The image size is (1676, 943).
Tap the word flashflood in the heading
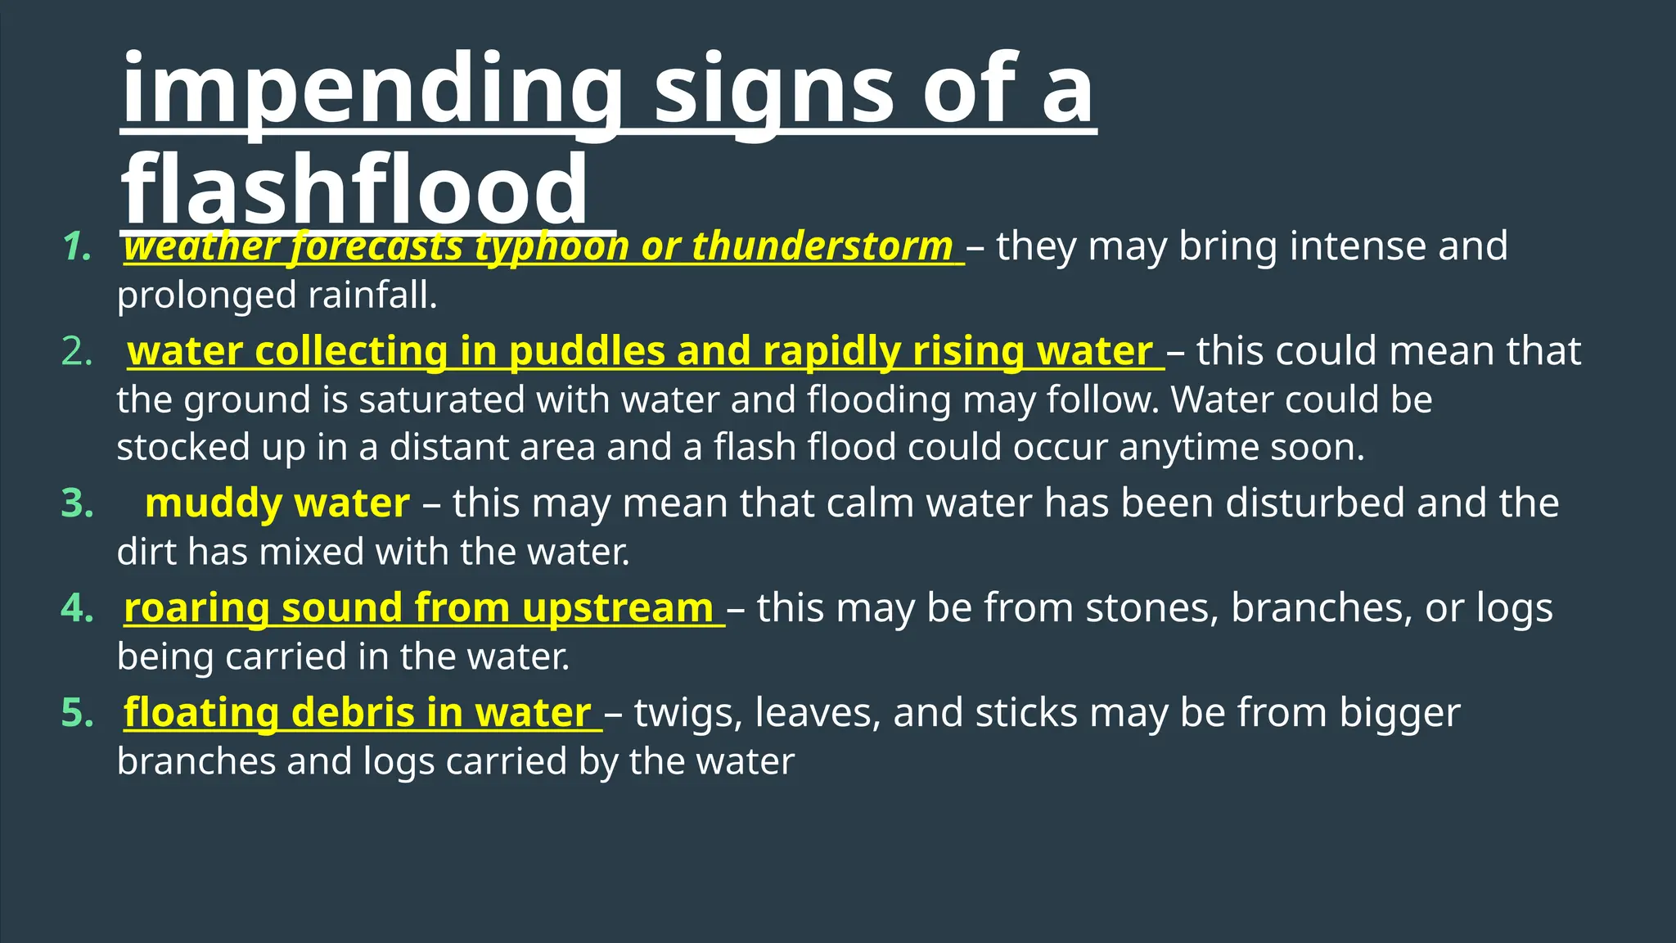tap(354, 191)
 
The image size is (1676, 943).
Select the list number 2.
tap(77, 352)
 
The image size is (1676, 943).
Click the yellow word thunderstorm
tap(822, 246)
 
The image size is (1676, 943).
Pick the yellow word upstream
tap(617, 608)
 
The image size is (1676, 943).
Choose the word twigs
tap(687, 713)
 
